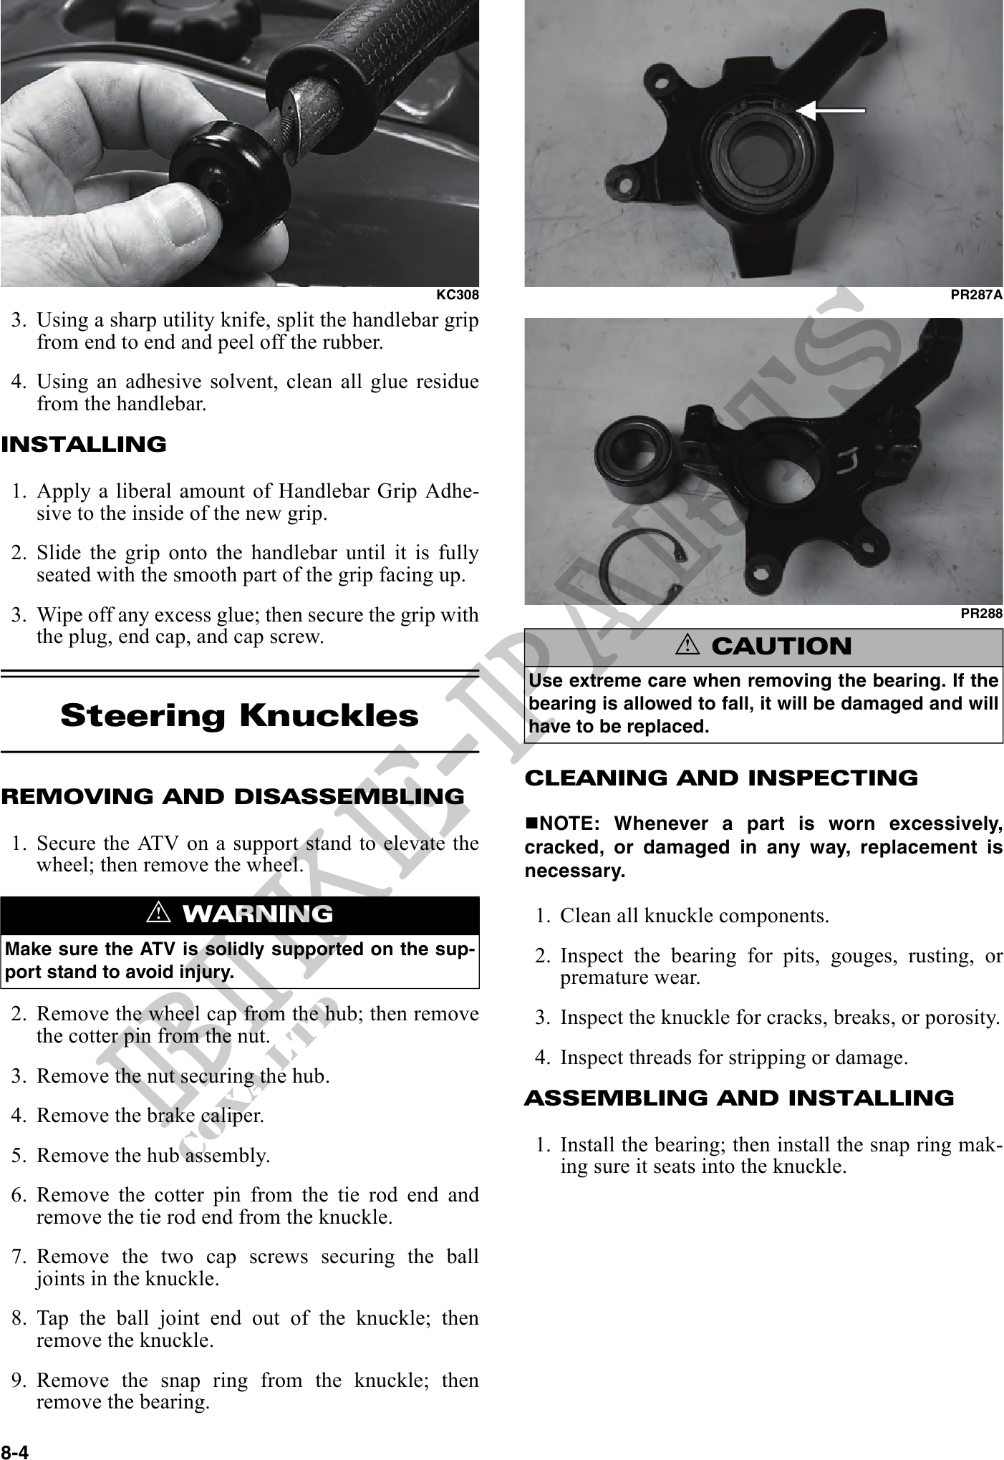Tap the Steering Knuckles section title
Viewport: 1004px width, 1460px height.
click(x=239, y=715)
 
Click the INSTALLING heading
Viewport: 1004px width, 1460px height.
click(x=84, y=445)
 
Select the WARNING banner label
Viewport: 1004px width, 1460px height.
click(x=258, y=914)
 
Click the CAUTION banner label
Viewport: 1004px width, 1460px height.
click(x=781, y=647)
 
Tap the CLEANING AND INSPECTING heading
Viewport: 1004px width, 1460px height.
click(x=721, y=778)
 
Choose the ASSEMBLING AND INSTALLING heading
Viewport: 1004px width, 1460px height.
click(x=739, y=1098)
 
